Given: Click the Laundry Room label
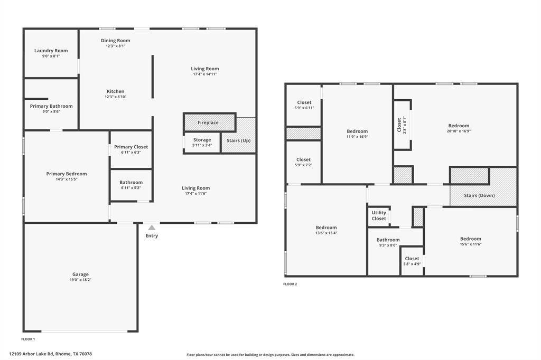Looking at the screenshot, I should tap(51, 51).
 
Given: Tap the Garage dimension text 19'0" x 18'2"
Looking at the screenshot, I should tap(80, 280).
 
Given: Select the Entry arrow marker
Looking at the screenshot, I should tap(152, 228).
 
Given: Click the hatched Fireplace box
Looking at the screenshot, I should tap(208, 122).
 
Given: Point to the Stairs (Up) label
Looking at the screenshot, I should tap(238, 140).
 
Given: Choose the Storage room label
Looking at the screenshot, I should tap(201, 140).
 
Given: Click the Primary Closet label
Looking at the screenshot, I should tap(131, 147).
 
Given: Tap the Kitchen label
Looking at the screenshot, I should tap(116, 91).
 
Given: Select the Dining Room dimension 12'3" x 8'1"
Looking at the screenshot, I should tap(116, 46).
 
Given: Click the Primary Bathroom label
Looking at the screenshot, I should tap(51, 106).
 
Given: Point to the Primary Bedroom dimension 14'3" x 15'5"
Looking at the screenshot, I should tap(67, 179).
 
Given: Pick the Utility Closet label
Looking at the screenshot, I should tap(379, 215).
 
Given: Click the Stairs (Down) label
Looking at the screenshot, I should tap(479, 195).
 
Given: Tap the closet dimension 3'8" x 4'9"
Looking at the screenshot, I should tap(412, 264).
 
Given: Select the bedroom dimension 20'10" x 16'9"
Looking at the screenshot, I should tap(458, 131).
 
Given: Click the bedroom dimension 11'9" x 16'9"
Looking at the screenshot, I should tap(357, 137).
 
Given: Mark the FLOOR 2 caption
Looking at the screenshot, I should tap(290, 284).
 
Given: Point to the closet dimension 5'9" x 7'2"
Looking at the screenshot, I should tap(303, 165).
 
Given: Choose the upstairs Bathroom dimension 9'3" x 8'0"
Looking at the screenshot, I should tap(388, 245).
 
